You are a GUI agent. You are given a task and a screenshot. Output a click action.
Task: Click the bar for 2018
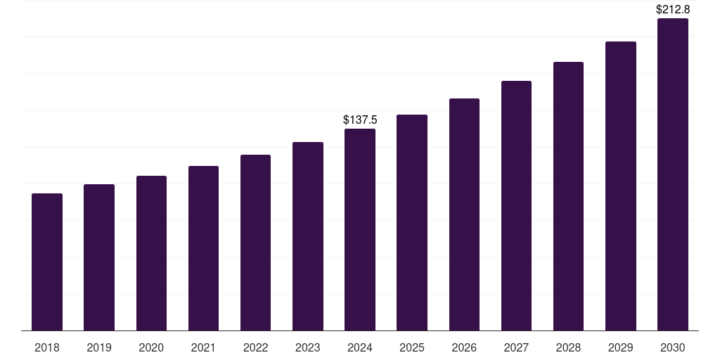coord(47,262)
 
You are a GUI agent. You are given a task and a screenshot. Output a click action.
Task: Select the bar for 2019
coord(99,257)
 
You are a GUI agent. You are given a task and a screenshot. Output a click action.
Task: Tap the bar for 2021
coord(203,248)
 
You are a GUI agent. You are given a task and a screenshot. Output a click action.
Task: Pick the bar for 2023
coord(308,236)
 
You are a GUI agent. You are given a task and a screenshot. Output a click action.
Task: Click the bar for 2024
coord(360,229)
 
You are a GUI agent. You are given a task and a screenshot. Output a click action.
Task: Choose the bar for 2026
coord(464,214)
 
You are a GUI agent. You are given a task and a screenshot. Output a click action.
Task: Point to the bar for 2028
coord(568,196)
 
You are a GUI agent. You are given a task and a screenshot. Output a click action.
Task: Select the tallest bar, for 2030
coord(673,174)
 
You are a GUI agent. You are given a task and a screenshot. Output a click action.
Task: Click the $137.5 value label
coord(360,120)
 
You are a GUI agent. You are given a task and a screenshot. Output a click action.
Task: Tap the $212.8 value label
coord(673,10)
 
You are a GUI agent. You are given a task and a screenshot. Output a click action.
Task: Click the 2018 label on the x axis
coord(47,347)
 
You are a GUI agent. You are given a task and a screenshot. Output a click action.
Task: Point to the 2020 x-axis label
coord(151,347)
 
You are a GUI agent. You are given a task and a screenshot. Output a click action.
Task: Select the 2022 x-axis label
coord(255,347)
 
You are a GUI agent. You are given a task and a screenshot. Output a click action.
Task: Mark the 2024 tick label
coord(360,347)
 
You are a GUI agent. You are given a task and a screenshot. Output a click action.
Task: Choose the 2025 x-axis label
coord(412,347)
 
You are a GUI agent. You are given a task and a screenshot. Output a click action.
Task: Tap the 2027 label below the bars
coord(516,347)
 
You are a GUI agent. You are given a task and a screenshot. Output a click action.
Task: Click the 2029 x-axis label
coord(620,347)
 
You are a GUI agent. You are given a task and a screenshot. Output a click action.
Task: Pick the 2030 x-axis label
coord(673,347)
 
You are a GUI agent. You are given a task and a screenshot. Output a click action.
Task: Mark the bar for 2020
coord(151,253)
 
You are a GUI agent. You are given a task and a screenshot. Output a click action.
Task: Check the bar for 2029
coord(620,186)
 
